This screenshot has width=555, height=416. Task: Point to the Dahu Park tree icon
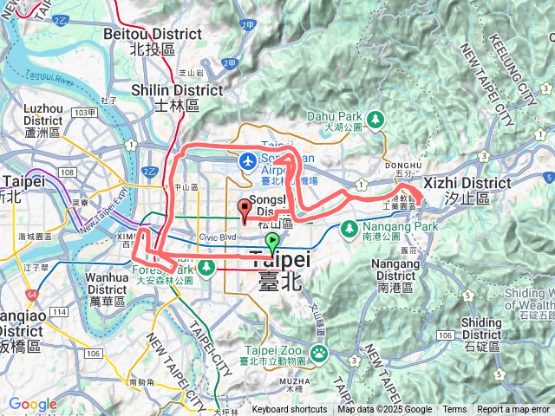(x=375, y=118)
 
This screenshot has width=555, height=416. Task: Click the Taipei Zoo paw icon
(x=320, y=352)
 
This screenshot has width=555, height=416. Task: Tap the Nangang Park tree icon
(x=348, y=229)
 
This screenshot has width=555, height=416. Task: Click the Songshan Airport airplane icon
(x=248, y=160)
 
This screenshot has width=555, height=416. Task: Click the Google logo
(x=33, y=404)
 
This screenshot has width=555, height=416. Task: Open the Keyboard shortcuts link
(x=290, y=410)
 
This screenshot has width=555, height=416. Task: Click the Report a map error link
(x=514, y=410)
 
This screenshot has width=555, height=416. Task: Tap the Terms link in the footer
(x=454, y=410)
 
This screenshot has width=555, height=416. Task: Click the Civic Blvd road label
(x=217, y=235)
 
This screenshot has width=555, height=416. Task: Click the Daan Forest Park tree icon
(x=206, y=265)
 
